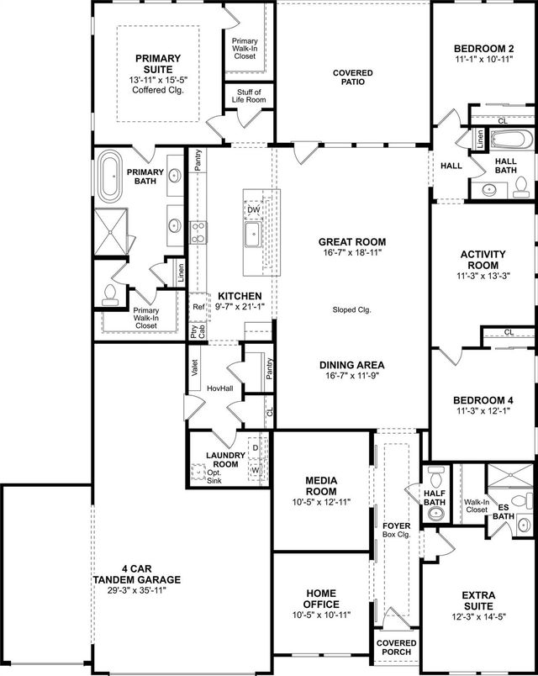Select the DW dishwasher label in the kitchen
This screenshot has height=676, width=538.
(253, 209)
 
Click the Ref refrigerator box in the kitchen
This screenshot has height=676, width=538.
(198, 307)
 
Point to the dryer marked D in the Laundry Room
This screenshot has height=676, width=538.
(255, 448)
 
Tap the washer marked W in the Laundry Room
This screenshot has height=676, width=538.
(255, 470)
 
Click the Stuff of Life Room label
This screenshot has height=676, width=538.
(248, 96)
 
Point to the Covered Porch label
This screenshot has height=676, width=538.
(396, 647)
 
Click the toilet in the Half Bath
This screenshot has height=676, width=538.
(435, 474)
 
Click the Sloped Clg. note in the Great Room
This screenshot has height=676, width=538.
(351, 309)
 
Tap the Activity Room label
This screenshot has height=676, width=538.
(483, 259)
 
